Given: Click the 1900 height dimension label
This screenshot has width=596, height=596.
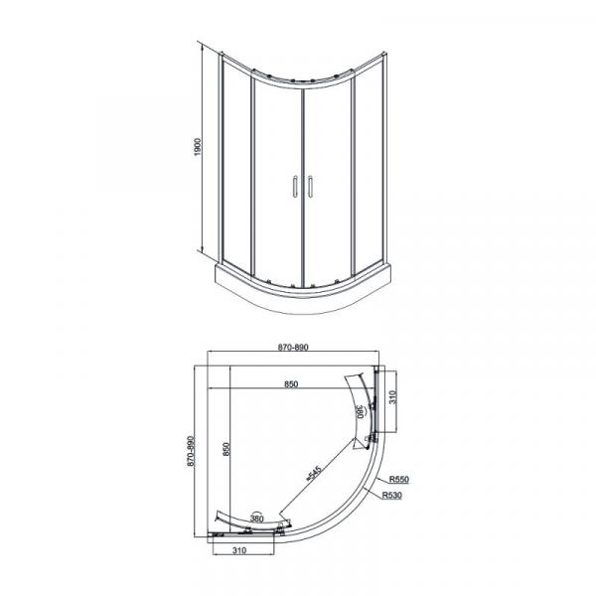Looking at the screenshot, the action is pyautogui.click(x=198, y=147).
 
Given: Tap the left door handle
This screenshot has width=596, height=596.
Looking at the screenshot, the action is pyautogui.click(x=295, y=187).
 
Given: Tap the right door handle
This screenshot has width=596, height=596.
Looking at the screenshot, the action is pyautogui.click(x=310, y=187).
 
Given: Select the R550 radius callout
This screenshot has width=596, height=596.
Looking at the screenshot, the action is pyautogui.click(x=398, y=479).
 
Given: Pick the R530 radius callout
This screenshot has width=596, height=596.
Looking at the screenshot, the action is pyautogui.click(x=392, y=495).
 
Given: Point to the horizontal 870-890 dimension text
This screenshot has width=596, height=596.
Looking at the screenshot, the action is pyautogui.click(x=293, y=347).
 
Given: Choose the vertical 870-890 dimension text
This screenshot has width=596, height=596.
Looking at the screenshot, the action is pyautogui.click(x=191, y=451).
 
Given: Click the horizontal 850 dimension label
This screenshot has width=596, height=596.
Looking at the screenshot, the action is pyautogui.click(x=291, y=383).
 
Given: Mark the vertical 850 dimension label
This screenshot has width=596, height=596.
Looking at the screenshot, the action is pyautogui.click(x=226, y=449).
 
